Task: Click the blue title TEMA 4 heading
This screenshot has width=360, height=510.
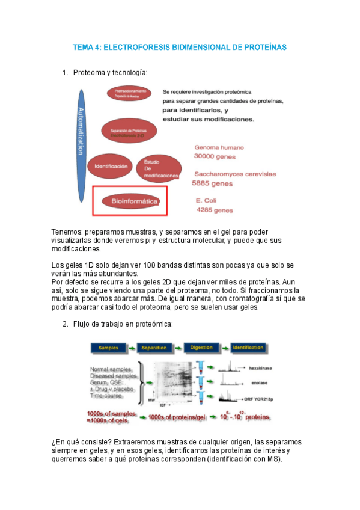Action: (x=180, y=46)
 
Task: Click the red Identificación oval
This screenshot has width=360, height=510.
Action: (x=111, y=165)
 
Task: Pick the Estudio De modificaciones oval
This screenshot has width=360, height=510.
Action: (x=157, y=168)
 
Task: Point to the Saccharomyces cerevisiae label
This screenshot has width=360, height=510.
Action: (x=235, y=174)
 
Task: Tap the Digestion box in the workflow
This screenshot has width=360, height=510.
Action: (x=201, y=348)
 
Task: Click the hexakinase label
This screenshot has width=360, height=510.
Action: (x=262, y=366)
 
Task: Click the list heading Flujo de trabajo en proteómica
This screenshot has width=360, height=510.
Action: (x=123, y=324)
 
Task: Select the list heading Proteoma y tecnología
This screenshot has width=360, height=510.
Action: (x=109, y=73)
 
